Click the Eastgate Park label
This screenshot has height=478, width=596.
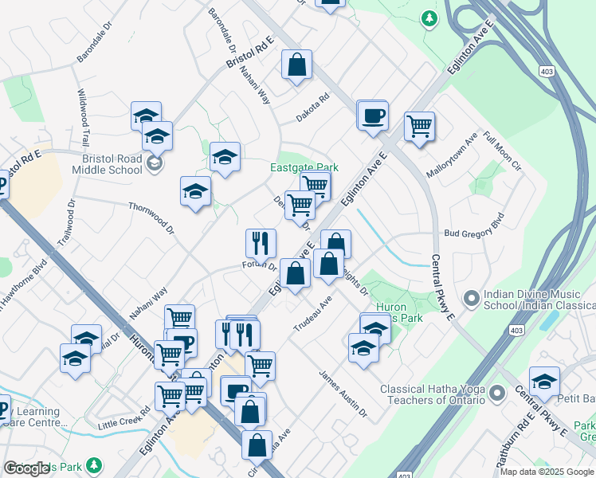click(304, 167)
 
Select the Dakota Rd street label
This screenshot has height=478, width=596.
click(312, 110)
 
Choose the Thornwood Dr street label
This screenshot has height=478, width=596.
click(151, 217)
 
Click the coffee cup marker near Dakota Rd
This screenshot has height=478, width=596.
click(371, 116)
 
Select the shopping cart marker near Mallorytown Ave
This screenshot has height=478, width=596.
click(419, 126)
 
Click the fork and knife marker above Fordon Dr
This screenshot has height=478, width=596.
click(260, 243)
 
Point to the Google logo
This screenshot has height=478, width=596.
click(26, 468)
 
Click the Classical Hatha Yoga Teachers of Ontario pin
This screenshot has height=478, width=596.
click(498, 393)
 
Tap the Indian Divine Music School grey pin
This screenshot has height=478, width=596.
click(471, 299)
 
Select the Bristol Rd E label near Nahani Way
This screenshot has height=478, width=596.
click(249, 51)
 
